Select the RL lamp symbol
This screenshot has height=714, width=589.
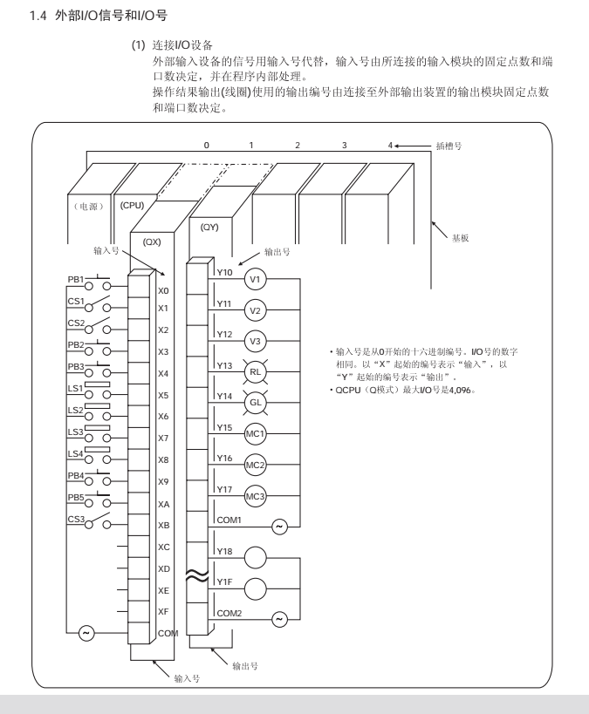[x=255, y=371]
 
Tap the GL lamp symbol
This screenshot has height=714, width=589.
[x=255, y=402]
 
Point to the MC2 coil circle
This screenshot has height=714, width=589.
[x=255, y=464]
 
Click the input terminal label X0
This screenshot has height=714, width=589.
[x=163, y=291]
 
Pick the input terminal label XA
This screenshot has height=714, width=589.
[x=163, y=504]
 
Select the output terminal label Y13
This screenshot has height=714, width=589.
[x=226, y=365]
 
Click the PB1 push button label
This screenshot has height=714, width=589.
[x=77, y=278]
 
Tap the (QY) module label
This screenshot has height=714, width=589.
[x=209, y=227]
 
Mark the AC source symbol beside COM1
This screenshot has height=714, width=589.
[x=279, y=527]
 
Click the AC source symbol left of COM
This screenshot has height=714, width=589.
[x=86, y=633]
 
